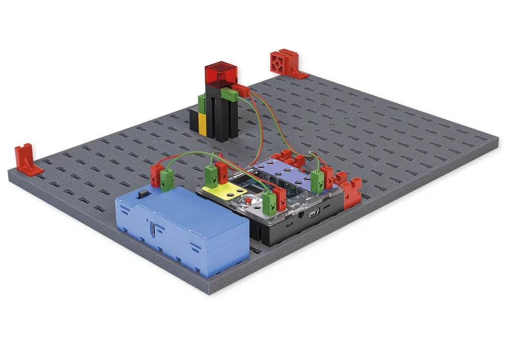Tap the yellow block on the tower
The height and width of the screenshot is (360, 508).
202,124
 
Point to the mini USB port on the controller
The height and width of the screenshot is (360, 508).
314,212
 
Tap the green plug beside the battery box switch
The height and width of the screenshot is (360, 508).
166,177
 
